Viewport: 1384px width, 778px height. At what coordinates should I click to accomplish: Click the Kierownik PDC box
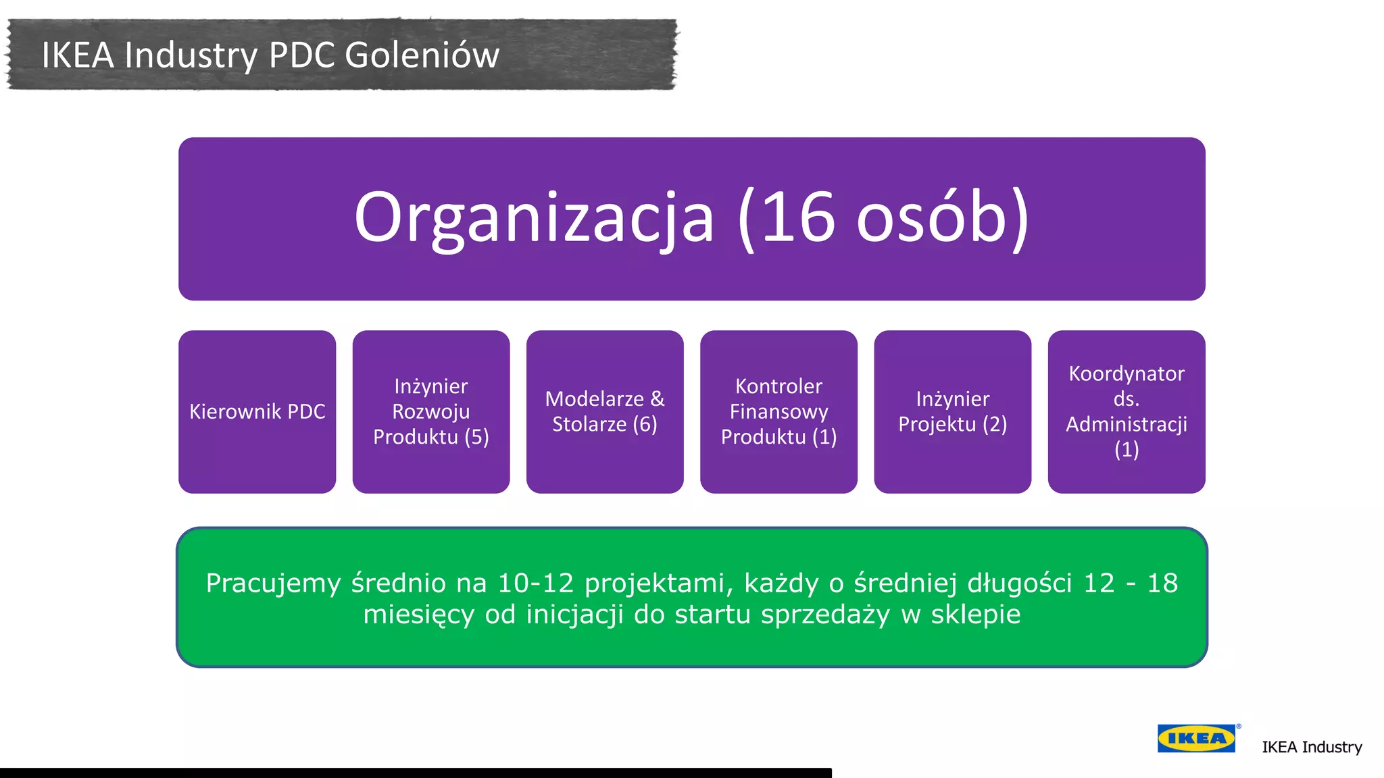coord(257,412)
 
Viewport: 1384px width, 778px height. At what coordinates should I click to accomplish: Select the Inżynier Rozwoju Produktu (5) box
coord(431,412)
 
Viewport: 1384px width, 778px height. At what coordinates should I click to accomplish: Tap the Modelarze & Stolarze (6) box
coord(605,412)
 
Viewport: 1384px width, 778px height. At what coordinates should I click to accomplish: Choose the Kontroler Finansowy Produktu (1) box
coord(778,412)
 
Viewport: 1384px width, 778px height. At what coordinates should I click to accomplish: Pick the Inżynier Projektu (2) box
coord(952,412)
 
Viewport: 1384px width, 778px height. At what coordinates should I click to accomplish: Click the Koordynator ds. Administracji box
coord(1127,412)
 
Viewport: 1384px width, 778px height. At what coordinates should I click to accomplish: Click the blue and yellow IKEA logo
coord(1196,738)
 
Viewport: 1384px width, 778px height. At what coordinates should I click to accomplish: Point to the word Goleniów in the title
coord(422,55)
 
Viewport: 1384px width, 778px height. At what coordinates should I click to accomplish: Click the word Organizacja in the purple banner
coord(534,218)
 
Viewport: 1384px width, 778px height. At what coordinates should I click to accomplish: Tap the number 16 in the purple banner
coord(798,218)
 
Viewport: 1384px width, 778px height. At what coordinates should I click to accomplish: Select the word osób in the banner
coord(933,218)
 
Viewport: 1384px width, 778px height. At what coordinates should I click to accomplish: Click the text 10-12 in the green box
coord(535,583)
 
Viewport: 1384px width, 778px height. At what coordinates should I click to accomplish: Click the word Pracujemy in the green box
coord(273,583)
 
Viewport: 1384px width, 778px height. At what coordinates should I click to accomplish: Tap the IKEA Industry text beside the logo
coord(1312,747)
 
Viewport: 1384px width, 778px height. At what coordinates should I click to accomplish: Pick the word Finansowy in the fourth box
coord(778,412)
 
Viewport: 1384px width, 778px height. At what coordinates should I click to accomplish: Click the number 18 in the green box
coord(1162,583)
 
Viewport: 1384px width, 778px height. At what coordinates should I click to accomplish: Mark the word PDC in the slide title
coord(301,55)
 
